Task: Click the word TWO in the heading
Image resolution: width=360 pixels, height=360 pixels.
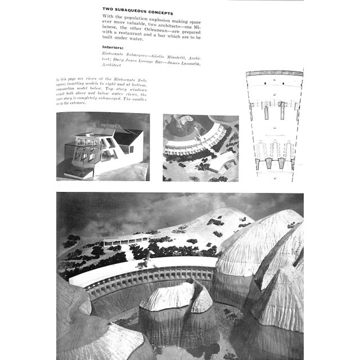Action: pyautogui.click(x=108, y=12)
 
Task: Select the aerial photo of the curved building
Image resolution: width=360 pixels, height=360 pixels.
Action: pyautogui.click(x=200, y=148)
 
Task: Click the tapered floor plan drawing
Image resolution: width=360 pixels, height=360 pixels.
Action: pyautogui.click(x=274, y=124)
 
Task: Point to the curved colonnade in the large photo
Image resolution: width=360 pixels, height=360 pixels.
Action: pyautogui.click(x=152, y=278)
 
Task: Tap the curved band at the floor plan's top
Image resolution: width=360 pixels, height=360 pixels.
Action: pyautogui.click(x=274, y=73)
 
